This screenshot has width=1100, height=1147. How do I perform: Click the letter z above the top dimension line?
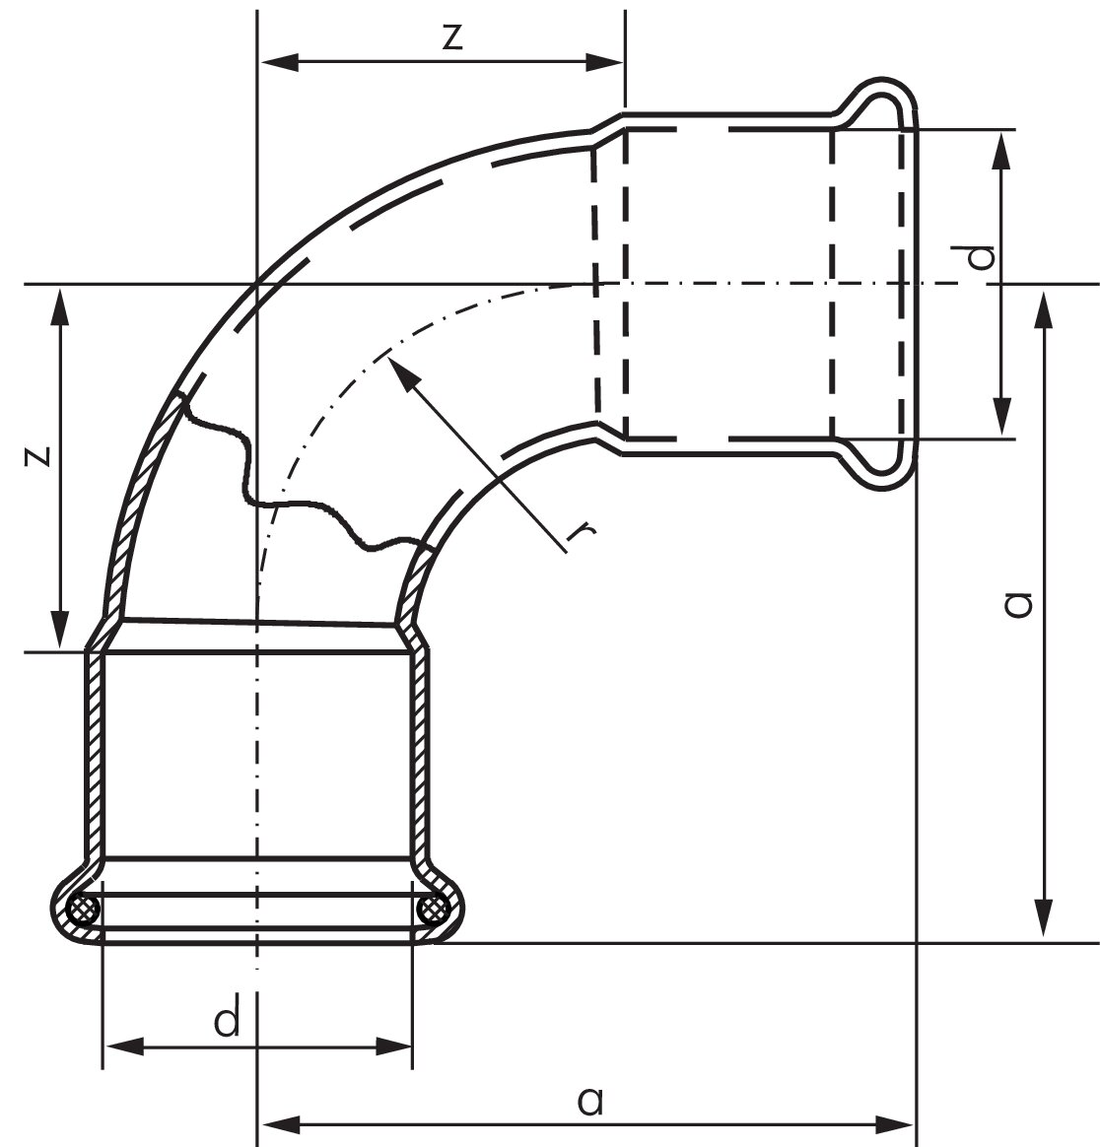point(450,36)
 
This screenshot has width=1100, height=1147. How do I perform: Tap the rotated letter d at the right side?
point(980,258)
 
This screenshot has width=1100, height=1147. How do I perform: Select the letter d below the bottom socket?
point(228,1021)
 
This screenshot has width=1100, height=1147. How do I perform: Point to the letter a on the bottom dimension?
point(589,1100)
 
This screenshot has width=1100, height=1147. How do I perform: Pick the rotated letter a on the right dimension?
point(1017,603)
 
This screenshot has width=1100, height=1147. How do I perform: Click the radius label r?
point(582,532)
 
